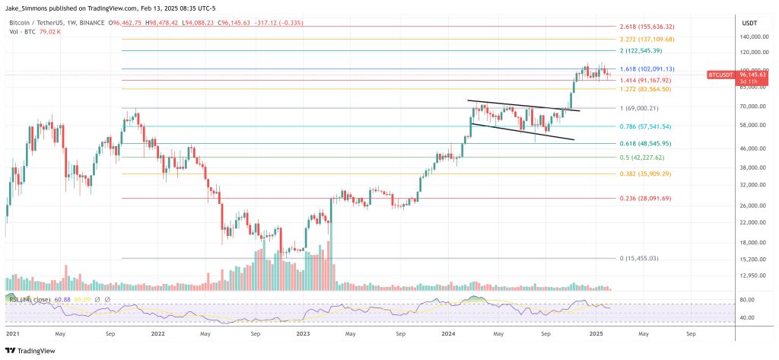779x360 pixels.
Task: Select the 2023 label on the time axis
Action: coord(302,333)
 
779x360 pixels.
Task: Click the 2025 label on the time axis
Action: coord(595,333)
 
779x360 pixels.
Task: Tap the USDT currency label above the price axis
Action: coord(750,23)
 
